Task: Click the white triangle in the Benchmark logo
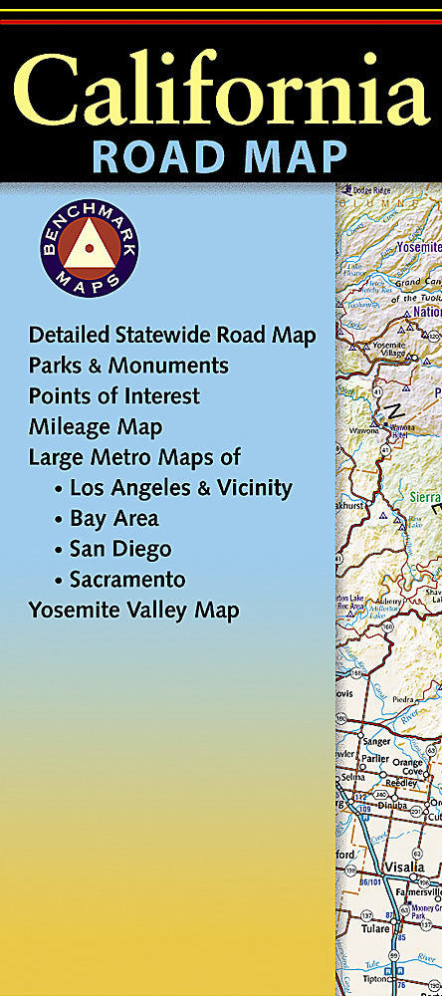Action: (x=90, y=244)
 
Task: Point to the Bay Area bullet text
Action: (x=113, y=519)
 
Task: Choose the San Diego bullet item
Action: (x=119, y=549)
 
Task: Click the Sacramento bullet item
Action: (x=127, y=580)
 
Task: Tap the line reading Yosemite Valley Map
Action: (x=133, y=610)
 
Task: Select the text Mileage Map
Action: (x=96, y=427)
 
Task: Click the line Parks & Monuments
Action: (x=128, y=366)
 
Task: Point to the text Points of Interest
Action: (x=113, y=396)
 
